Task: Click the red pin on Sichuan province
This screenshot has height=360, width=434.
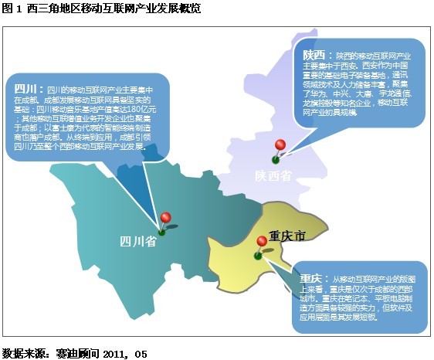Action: pyautogui.click(x=165, y=219)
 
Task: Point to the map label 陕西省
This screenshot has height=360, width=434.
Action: pyautogui.click(x=274, y=177)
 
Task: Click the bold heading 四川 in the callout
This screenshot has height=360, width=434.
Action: pyautogui.click(x=25, y=89)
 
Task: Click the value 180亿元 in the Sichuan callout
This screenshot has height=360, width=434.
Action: pyautogui.click(x=131, y=110)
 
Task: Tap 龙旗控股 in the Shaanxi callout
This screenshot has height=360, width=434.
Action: pyautogui.click(x=320, y=104)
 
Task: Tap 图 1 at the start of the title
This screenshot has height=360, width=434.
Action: pyautogui.click(x=11, y=8)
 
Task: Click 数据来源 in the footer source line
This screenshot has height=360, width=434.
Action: pyautogui.click(x=22, y=353)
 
